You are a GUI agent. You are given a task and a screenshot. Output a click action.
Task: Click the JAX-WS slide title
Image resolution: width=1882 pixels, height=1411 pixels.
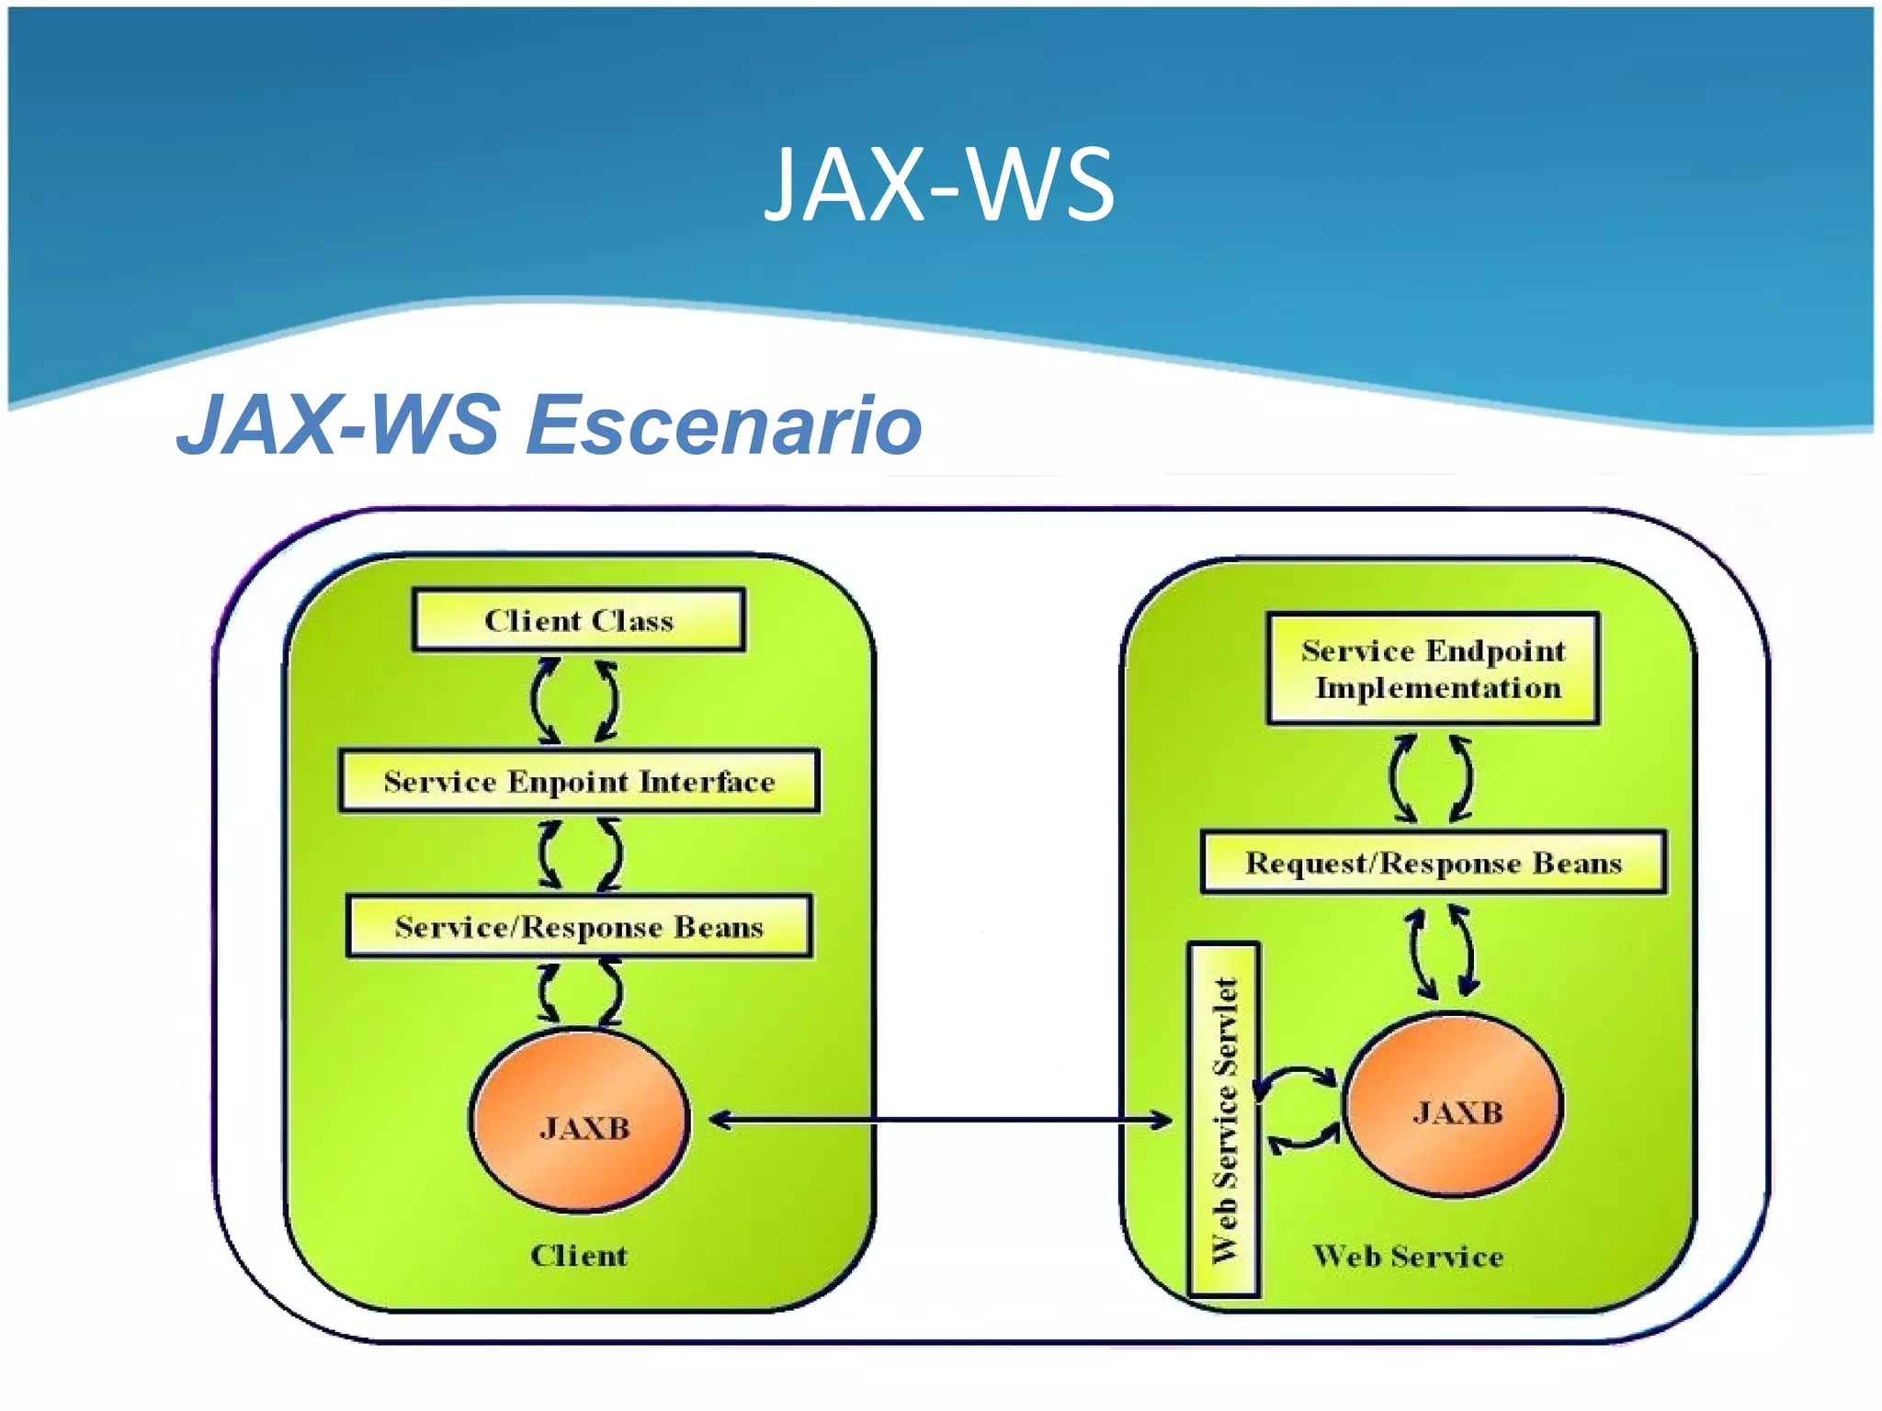(x=939, y=186)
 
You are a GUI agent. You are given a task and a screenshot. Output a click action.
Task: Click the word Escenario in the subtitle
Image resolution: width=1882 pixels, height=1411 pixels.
(x=723, y=425)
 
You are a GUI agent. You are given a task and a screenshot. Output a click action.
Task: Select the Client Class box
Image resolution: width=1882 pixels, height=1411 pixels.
(x=579, y=621)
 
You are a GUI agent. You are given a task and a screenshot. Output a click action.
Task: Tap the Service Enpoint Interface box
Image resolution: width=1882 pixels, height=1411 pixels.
(x=579, y=782)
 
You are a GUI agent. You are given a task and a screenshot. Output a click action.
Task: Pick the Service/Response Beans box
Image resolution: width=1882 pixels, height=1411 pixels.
(x=579, y=927)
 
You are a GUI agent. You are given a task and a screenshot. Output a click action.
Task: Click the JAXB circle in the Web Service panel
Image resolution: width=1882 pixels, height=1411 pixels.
(x=1453, y=1106)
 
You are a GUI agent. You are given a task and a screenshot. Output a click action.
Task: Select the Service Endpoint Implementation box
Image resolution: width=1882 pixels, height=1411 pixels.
(x=1433, y=669)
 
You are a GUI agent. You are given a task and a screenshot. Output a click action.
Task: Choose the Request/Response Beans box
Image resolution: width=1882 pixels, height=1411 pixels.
(x=1433, y=864)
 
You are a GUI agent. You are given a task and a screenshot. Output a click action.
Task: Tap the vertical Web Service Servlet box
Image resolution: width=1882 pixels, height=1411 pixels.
(x=1224, y=1120)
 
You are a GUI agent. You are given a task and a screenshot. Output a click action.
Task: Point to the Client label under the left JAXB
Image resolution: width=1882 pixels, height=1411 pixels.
(x=579, y=1256)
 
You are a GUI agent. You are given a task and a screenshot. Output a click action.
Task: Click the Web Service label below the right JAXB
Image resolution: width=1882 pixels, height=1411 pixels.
(x=1408, y=1256)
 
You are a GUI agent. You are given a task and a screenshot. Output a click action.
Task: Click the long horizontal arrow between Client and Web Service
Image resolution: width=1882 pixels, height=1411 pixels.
(x=939, y=1120)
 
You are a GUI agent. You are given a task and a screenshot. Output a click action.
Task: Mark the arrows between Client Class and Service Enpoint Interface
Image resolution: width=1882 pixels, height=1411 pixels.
(x=575, y=701)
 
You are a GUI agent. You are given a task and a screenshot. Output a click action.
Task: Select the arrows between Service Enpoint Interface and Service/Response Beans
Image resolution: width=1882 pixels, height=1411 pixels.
(x=579, y=854)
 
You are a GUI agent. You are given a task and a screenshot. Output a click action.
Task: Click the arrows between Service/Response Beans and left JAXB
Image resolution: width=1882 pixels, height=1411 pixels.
(x=579, y=992)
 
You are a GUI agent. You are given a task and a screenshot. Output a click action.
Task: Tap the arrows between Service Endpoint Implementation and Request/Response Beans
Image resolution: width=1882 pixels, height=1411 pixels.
(x=1431, y=778)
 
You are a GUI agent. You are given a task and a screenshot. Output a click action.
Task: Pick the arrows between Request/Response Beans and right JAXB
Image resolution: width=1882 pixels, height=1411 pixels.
(x=1442, y=952)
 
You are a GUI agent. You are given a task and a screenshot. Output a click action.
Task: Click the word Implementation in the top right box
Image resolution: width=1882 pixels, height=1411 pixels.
(x=1438, y=688)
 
